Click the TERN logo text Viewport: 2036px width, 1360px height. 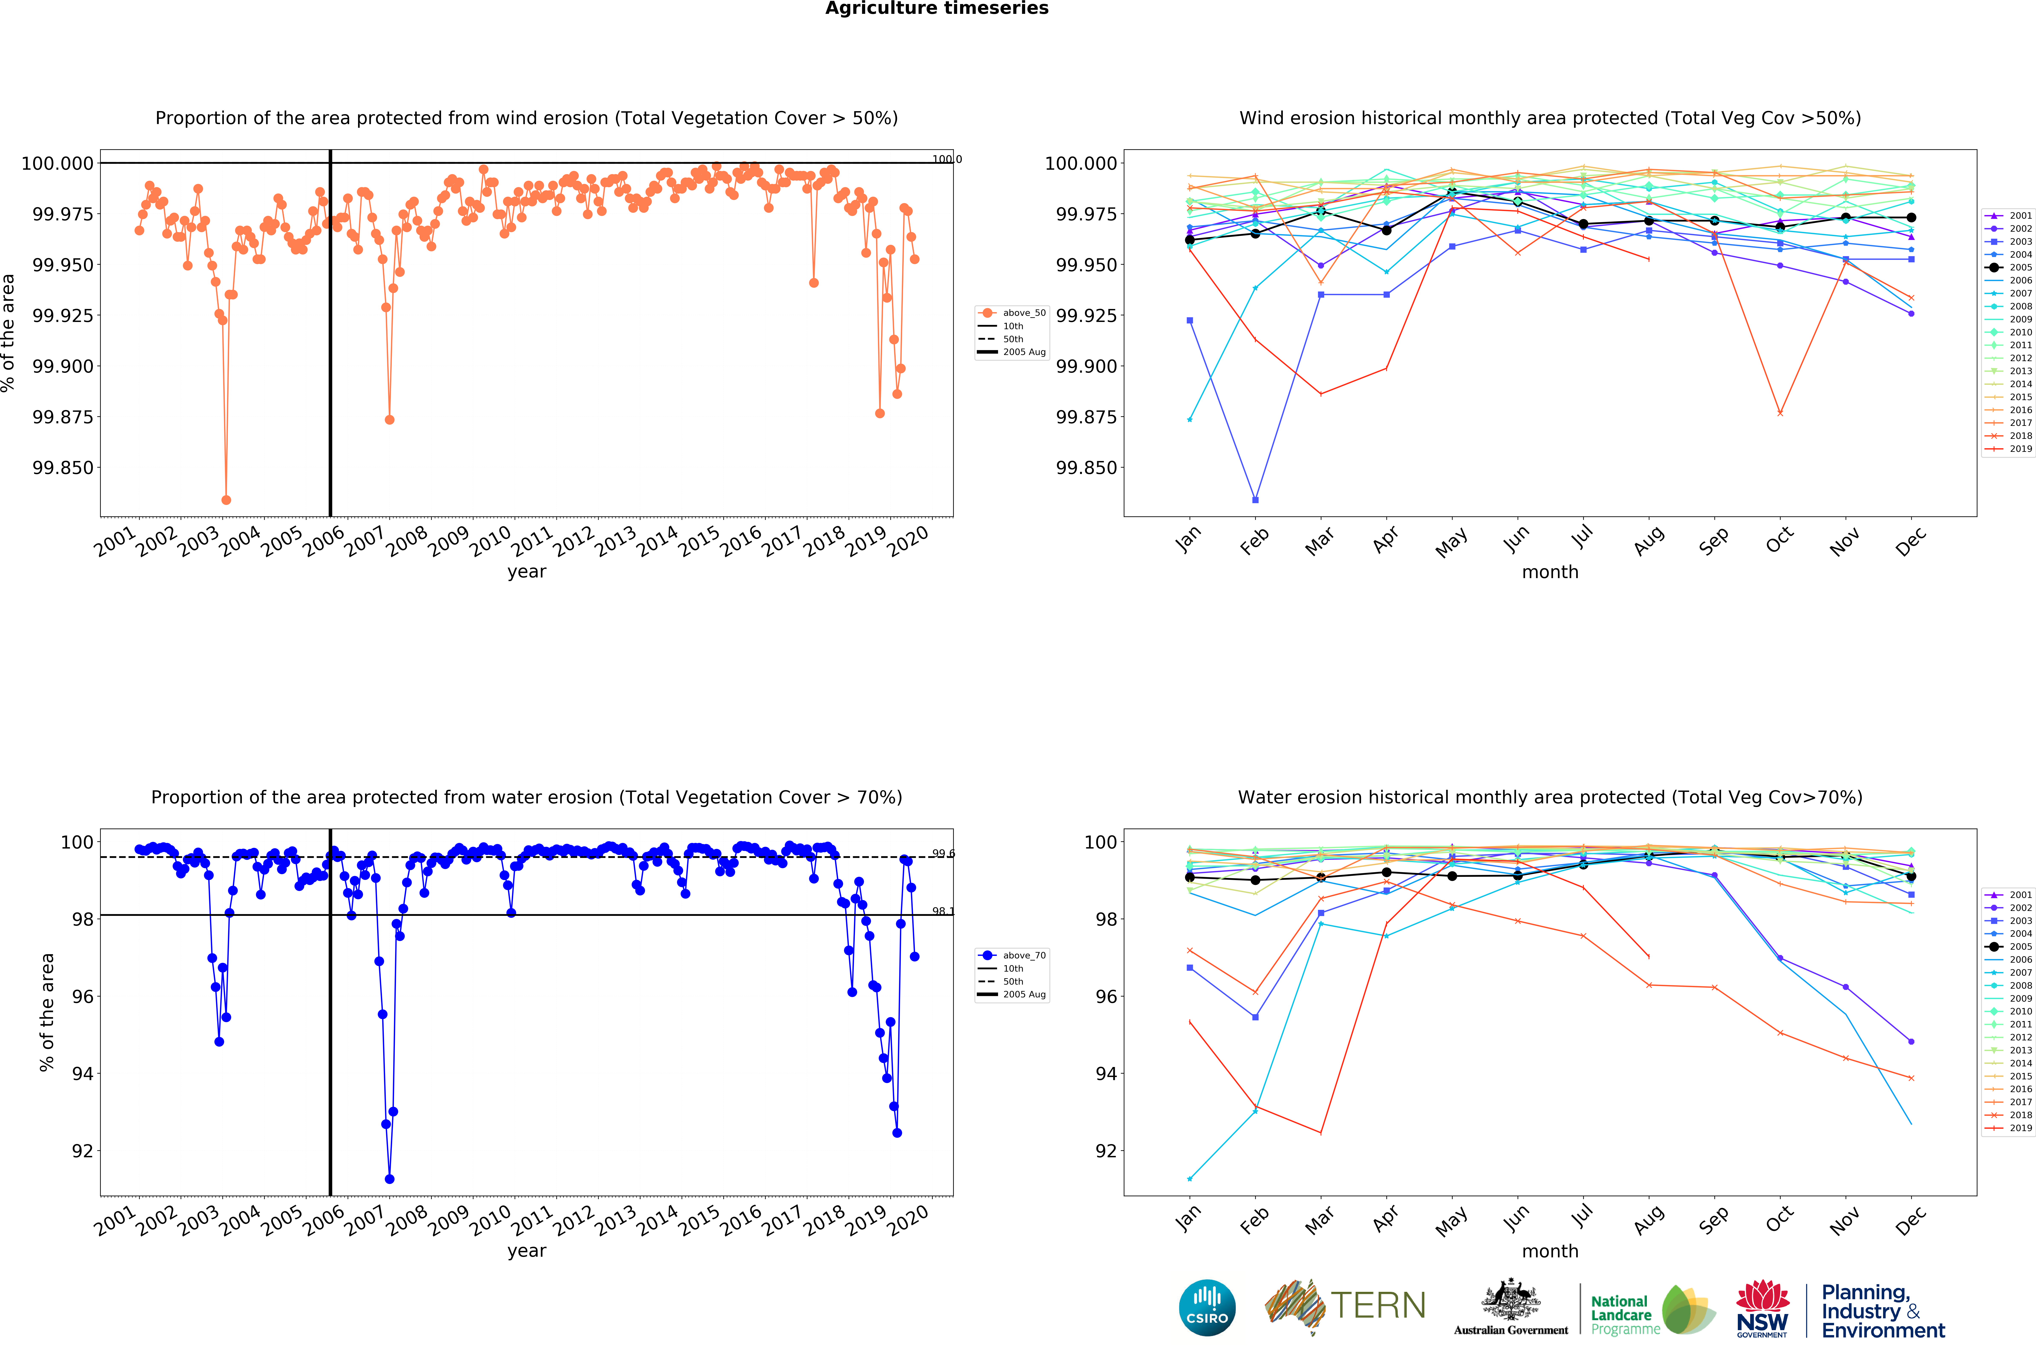[1378, 1305]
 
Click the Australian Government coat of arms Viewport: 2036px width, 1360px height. [1511, 1301]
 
